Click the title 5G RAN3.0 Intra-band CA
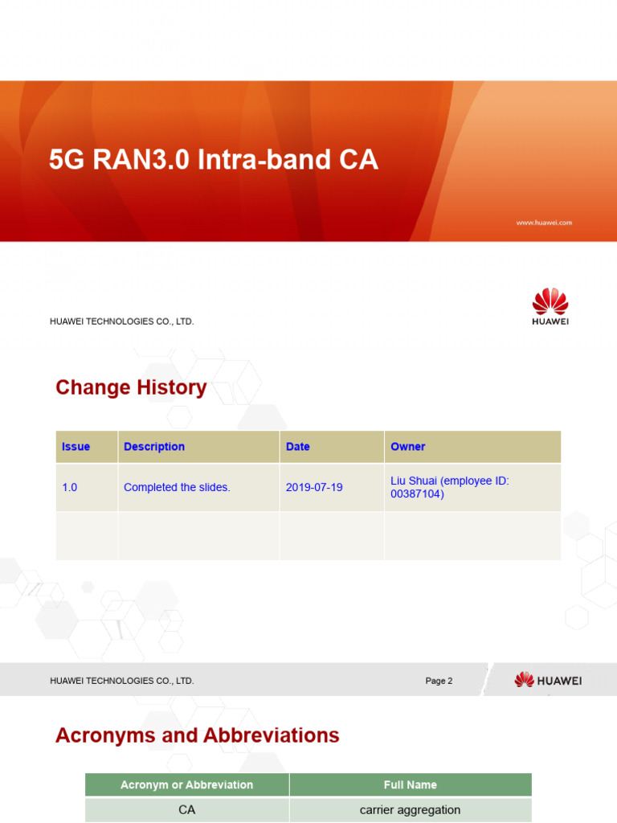pos(213,160)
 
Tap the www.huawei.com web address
pos(544,223)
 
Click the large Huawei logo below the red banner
pos(550,308)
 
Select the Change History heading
pos(131,387)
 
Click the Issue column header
pos(76,447)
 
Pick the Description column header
pos(154,447)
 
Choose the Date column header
pos(298,447)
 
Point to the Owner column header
pos(408,447)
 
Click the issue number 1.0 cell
pos(70,487)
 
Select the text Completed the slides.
pos(177,487)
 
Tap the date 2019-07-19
pos(314,487)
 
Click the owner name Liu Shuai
pos(414,481)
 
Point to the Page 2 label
pos(439,681)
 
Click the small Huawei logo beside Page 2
pos(548,680)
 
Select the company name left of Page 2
pos(122,681)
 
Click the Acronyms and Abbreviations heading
pos(198,735)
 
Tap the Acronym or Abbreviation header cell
pos(186,784)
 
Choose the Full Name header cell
pos(411,784)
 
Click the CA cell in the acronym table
pos(186,809)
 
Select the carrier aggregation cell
pos(411,809)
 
